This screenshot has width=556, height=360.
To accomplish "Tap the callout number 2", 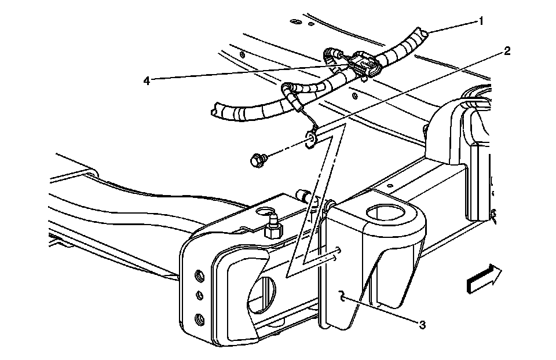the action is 507,51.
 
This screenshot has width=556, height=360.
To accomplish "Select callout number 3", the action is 423,326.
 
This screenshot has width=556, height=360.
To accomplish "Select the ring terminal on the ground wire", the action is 310,140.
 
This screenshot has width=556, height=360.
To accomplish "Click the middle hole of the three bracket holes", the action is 199,296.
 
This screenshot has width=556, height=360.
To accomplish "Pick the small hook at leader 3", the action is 343,296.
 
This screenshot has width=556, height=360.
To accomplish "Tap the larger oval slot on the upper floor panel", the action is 294,22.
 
